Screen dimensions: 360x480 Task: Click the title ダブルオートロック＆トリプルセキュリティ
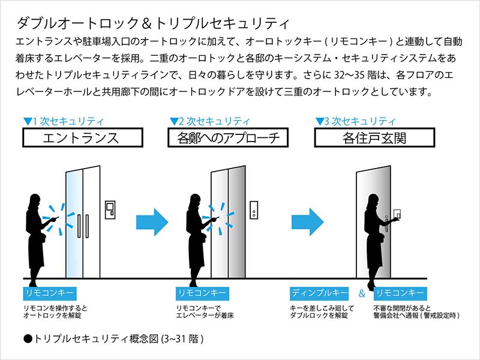[153, 23]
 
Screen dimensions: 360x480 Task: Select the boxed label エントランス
[81, 138]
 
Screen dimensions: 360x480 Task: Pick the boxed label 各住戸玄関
[375, 138]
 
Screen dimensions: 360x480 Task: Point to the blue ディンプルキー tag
[319, 293]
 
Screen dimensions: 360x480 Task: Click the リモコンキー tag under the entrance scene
[49, 293]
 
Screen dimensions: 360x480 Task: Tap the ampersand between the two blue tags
[361, 294]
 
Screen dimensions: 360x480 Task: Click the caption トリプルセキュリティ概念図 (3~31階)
[114, 339]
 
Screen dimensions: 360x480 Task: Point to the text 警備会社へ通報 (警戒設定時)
[416, 315]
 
